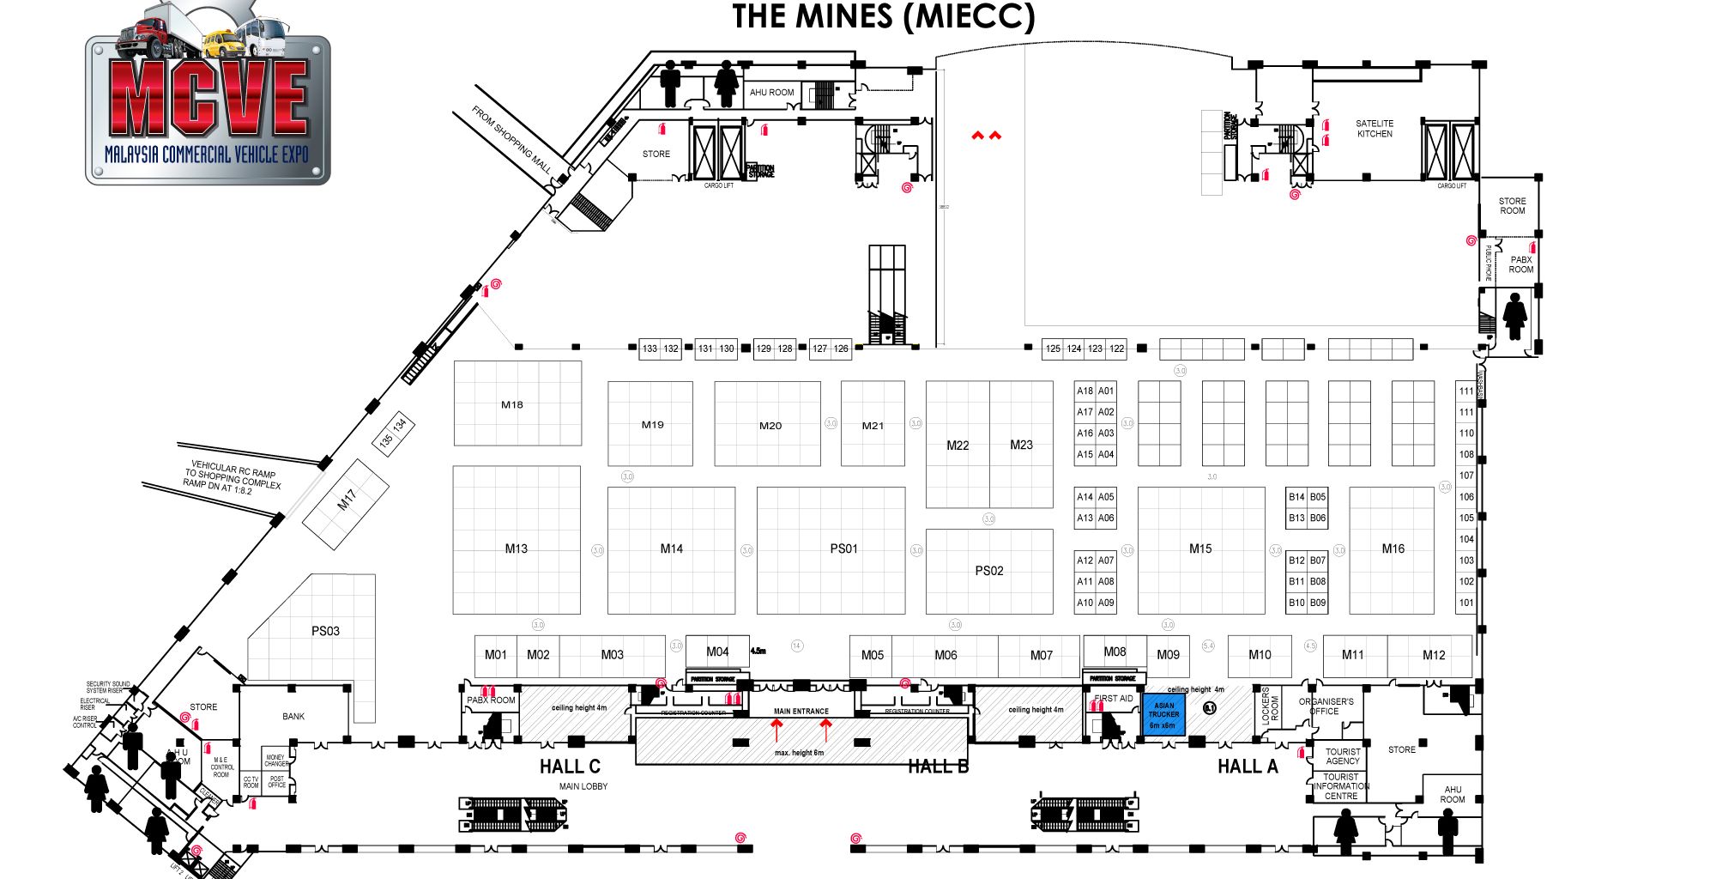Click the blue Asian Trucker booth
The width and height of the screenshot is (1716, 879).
click(1163, 715)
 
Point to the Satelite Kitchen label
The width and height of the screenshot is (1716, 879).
click(1375, 129)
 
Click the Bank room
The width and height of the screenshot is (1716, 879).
click(293, 716)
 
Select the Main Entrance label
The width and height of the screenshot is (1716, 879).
click(801, 711)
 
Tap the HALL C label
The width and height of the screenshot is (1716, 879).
click(570, 767)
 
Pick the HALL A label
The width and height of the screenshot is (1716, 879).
click(1248, 767)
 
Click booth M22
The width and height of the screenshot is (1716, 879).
click(958, 445)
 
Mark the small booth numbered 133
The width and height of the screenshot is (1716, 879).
click(650, 349)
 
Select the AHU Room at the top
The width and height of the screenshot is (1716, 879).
click(771, 92)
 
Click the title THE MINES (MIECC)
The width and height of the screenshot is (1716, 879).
click(883, 16)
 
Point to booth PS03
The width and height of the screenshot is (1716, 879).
click(325, 631)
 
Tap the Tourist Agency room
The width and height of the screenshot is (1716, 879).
click(1342, 756)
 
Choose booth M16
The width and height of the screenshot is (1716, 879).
click(1393, 549)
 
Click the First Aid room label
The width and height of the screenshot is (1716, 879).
click(1114, 699)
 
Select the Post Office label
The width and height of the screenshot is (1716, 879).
click(276, 782)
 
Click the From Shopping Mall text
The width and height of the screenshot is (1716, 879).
click(511, 140)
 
